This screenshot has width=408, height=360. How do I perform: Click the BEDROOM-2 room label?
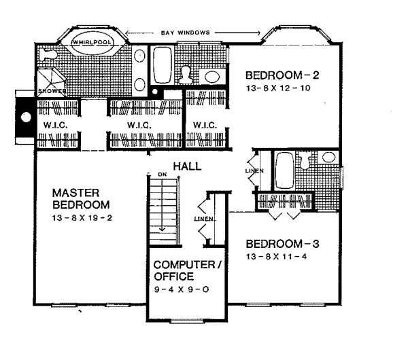[x=277, y=74]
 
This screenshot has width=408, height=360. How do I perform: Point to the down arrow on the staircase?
[x=163, y=228]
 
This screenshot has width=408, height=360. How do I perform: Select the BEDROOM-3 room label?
[x=277, y=243]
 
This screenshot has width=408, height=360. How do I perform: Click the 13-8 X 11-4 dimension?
[x=279, y=257]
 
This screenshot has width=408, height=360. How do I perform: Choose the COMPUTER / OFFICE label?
[x=187, y=270]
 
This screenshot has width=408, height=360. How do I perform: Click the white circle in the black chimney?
[x=25, y=117]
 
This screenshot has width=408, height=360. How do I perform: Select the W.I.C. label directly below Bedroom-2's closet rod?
[x=204, y=125]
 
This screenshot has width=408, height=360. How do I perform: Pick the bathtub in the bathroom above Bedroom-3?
[x=284, y=170]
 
